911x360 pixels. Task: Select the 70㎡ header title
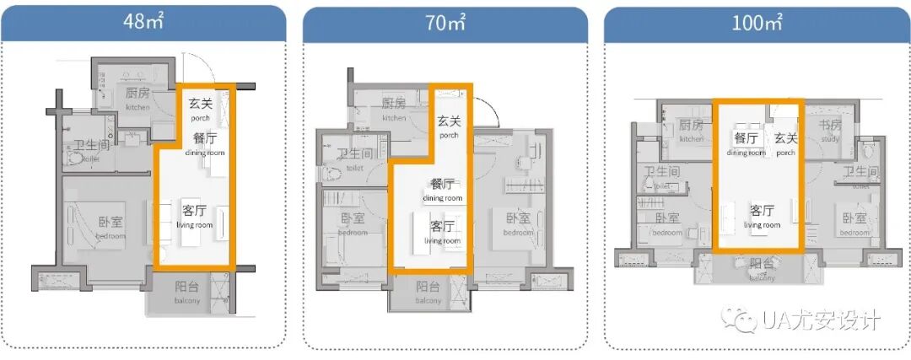[x=444, y=23]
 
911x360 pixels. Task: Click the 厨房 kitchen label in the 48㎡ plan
[x=137, y=98]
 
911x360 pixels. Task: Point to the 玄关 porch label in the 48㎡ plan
[x=200, y=109]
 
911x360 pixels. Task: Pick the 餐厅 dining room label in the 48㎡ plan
[x=205, y=142]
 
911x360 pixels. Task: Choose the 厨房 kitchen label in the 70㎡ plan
[x=394, y=109]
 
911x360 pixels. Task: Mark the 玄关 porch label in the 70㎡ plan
[x=449, y=126]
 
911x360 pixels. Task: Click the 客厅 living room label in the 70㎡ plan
[x=444, y=231]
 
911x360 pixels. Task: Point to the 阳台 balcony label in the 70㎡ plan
[x=428, y=292]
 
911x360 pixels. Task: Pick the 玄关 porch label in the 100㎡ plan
[x=786, y=143]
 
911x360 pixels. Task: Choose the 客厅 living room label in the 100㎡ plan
[x=762, y=216]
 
